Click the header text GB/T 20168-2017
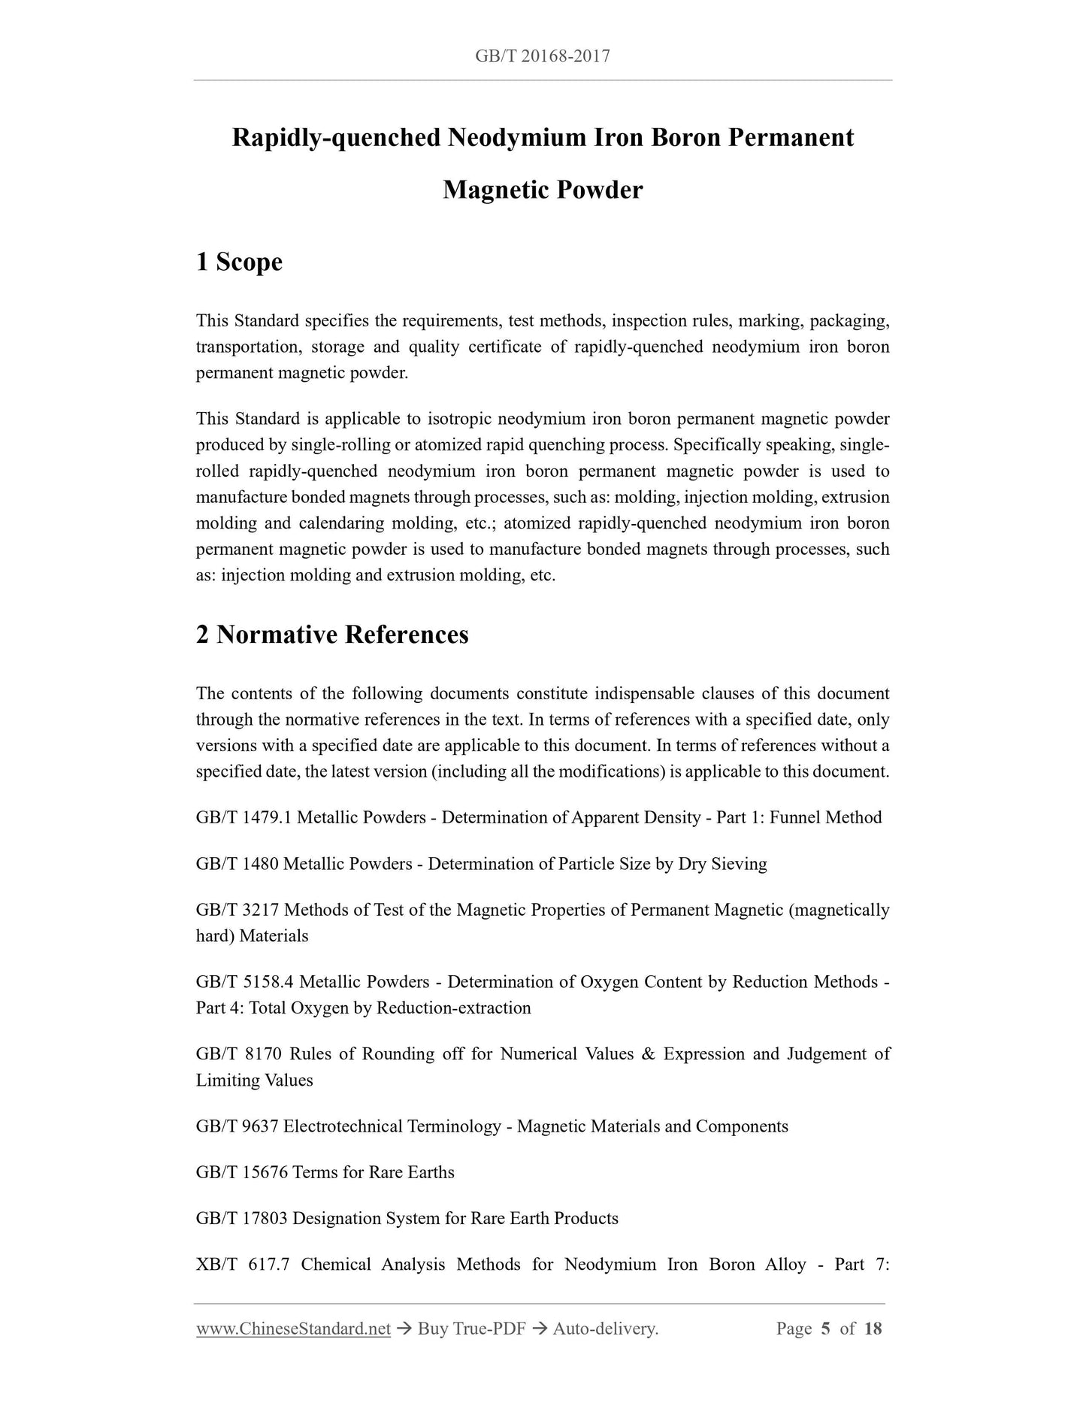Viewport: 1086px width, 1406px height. click(543, 56)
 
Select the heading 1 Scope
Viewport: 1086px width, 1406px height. click(239, 262)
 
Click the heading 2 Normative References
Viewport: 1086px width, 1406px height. click(332, 635)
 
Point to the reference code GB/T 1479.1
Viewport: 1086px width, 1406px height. click(244, 817)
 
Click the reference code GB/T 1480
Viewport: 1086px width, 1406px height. click(237, 864)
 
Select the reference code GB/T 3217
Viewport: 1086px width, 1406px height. click(237, 910)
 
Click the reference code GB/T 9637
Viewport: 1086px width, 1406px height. click(237, 1126)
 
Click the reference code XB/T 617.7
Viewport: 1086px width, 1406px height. click(243, 1265)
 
